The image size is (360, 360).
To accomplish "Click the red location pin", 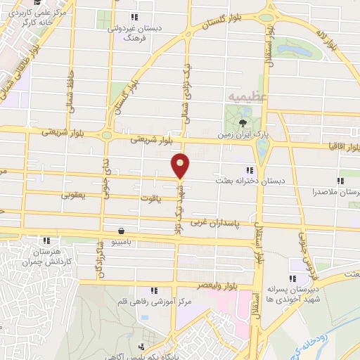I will (181, 165).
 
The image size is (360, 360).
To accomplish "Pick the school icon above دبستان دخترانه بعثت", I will (249, 170).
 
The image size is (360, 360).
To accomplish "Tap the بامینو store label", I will (123, 241).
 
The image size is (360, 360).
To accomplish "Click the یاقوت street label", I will (159, 198).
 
